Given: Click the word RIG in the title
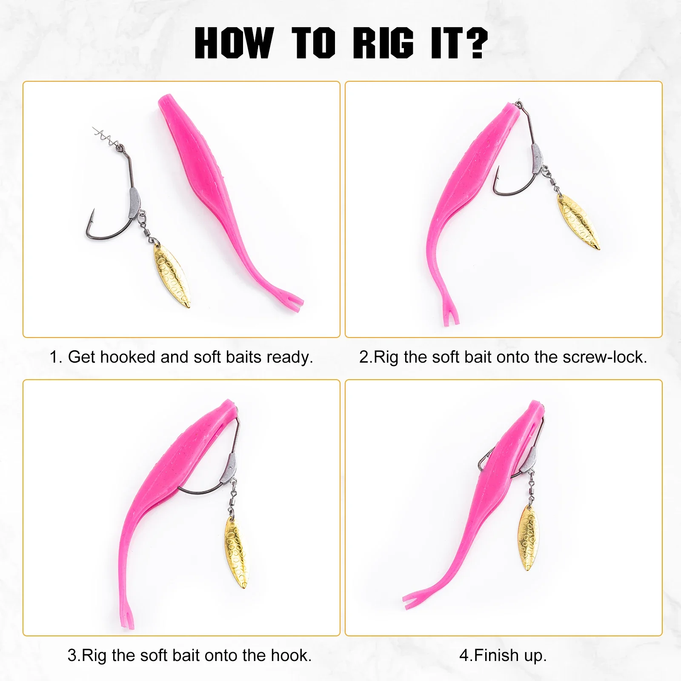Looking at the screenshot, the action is click(x=383, y=43).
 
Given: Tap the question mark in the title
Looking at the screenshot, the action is click(x=473, y=43).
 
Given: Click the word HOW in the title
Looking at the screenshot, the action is click(x=234, y=43).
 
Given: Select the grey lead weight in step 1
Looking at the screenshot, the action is click(x=134, y=200).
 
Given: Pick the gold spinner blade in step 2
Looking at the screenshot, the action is click(x=578, y=222).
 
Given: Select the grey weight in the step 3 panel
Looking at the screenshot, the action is click(x=228, y=467).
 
